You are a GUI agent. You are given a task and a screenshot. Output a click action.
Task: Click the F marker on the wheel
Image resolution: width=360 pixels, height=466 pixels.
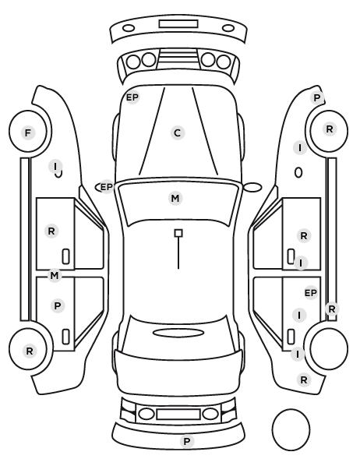(x=28, y=132)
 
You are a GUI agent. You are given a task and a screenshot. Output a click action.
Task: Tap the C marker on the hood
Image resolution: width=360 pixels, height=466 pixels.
(x=178, y=132)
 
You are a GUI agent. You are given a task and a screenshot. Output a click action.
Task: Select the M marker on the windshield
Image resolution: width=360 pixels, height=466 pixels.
(x=175, y=198)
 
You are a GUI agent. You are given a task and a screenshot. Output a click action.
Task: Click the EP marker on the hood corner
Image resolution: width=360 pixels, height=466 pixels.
(x=132, y=97)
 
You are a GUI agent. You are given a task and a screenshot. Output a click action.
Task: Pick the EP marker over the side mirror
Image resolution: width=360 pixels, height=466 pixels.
(x=107, y=187)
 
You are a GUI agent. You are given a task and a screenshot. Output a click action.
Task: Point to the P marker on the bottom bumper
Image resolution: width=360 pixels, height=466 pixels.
(x=187, y=442)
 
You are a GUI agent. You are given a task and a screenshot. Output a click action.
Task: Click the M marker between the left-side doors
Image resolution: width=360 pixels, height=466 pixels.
(x=55, y=276)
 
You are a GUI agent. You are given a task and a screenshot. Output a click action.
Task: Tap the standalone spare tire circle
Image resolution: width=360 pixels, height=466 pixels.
(x=291, y=429)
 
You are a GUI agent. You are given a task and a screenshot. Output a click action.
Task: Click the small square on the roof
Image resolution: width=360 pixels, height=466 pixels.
(x=178, y=233)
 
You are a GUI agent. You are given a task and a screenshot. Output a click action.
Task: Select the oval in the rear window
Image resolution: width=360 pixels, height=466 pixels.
(x=178, y=333)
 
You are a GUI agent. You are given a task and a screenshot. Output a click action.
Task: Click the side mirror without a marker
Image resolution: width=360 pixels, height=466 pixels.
(x=252, y=187)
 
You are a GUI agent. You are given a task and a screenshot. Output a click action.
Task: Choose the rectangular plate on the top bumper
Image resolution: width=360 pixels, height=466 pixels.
(x=178, y=24)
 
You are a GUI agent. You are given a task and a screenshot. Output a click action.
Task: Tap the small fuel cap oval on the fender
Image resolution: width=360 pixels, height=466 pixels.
(x=298, y=173)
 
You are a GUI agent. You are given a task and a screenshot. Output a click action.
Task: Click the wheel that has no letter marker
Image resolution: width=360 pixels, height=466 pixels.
(x=329, y=348)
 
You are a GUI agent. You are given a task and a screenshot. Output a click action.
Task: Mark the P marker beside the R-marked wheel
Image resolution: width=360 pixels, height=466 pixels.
(x=317, y=97)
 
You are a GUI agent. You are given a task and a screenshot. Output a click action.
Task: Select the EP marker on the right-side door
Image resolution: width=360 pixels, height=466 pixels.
(x=311, y=293)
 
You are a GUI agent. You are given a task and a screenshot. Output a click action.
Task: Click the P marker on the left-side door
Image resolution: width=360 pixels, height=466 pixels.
(x=58, y=305)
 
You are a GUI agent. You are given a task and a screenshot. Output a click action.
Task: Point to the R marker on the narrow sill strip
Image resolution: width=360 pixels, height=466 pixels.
(x=332, y=309)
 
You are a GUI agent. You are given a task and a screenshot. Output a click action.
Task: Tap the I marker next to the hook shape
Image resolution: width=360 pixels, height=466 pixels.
(x=55, y=167)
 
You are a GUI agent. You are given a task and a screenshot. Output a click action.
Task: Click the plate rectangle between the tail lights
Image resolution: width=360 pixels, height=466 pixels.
(x=178, y=415)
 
